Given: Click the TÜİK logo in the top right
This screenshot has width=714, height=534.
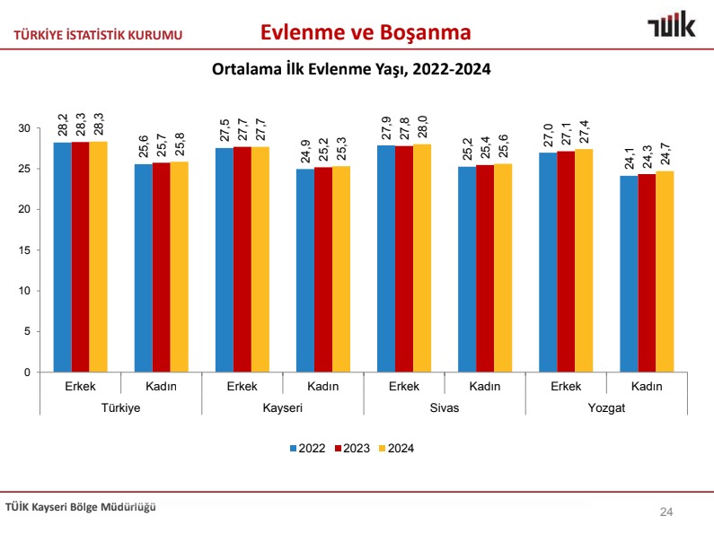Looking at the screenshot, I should [671, 27].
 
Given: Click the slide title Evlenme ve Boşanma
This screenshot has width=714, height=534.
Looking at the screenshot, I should [366, 33].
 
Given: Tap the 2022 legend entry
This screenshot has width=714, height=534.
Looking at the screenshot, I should [306, 449].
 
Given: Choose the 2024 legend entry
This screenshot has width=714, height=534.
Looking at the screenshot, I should [394, 449].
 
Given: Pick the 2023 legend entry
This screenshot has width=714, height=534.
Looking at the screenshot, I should [350, 449].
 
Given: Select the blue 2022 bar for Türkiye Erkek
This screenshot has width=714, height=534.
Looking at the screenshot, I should [62, 257].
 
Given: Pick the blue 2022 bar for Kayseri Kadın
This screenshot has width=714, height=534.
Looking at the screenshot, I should [304, 270].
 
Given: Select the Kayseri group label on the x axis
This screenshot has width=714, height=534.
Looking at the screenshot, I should [282, 407].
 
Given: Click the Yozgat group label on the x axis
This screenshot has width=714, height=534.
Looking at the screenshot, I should [605, 407].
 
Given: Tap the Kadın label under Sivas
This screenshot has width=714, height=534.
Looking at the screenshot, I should [485, 386].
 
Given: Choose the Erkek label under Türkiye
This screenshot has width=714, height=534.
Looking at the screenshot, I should [81, 386].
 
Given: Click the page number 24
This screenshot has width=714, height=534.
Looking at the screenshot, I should [666, 512].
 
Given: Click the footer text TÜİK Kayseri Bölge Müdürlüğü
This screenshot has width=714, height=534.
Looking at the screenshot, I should [81, 507].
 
